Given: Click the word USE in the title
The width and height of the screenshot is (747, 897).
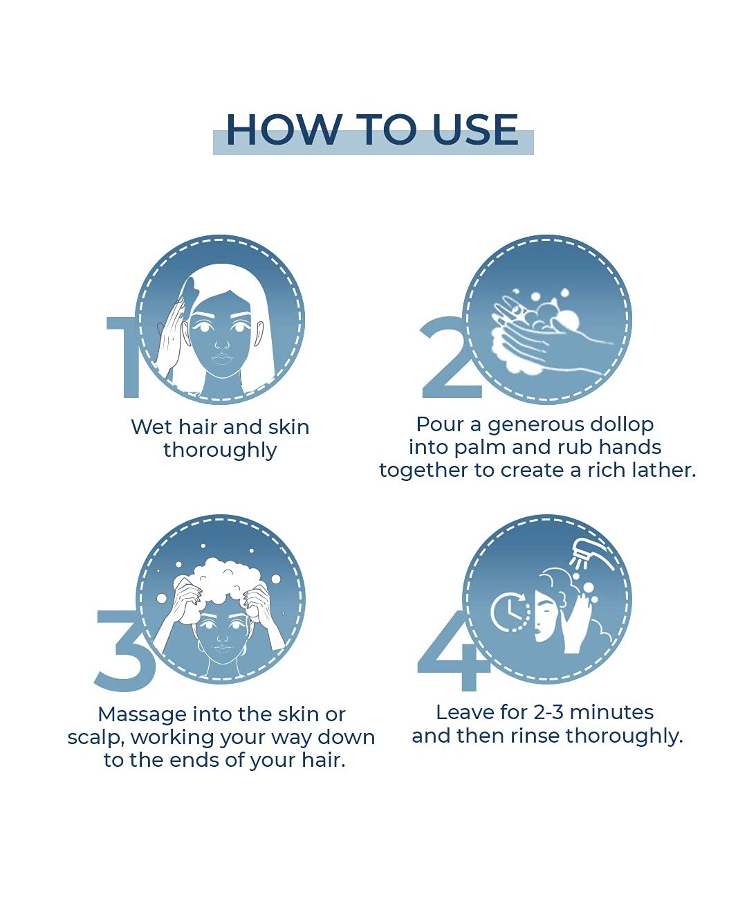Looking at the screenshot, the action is click(475, 129).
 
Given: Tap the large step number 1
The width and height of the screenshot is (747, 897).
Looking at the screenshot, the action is click(123, 357).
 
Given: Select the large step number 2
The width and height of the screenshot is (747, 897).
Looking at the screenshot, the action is click(449, 357).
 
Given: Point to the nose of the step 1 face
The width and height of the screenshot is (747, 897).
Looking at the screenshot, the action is click(222, 343).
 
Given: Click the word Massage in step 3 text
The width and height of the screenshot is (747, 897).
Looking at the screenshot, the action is click(142, 715).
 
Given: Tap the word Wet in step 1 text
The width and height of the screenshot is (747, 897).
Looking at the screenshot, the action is click(151, 428).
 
